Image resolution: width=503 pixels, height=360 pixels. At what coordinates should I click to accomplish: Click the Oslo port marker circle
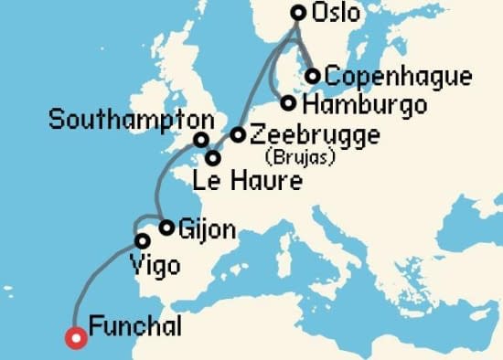click(298, 13)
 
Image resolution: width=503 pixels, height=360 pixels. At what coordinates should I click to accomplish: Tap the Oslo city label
click(336, 14)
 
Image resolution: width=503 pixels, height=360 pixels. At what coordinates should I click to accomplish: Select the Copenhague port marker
click(313, 76)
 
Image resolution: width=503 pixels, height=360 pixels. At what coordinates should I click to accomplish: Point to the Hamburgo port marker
click(289, 103)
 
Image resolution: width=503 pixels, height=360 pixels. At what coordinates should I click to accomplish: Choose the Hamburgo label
click(362, 105)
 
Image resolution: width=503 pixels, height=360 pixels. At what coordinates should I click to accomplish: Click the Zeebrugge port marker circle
click(238, 135)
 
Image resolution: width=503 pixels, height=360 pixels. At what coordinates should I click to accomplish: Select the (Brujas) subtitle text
click(298, 157)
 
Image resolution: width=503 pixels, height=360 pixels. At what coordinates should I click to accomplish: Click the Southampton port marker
click(201, 140)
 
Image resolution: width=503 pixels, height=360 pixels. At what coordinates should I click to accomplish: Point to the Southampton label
click(133, 119)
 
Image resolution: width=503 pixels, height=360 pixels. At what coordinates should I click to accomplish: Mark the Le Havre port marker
click(213, 158)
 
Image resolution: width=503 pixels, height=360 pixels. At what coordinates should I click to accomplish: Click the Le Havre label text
click(247, 182)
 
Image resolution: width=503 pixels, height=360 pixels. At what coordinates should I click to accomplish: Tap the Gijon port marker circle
click(166, 228)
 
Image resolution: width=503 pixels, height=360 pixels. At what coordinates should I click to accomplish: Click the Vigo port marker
click(143, 241)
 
